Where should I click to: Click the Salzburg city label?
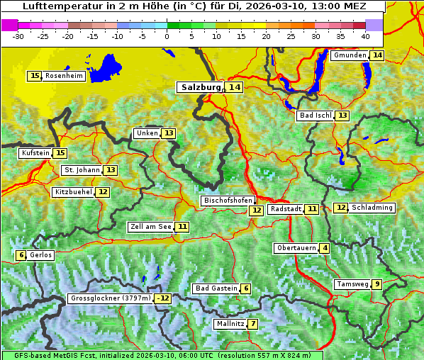[201, 87]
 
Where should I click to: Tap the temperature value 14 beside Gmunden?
[377, 55]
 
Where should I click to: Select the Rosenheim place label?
[64, 76]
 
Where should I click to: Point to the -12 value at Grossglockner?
[163, 298]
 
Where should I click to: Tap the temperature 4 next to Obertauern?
[324, 248]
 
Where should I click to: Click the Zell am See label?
[150, 227]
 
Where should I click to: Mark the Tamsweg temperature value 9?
[377, 284]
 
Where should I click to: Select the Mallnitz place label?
[230, 324]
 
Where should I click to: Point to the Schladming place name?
[372, 208]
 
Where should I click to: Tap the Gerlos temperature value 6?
[21, 255]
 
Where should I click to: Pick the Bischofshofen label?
[228, 201]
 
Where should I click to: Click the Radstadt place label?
[286, 209]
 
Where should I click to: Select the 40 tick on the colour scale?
[365, 35]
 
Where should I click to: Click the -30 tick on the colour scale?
[18, 35]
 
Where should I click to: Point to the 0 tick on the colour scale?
[167, 35]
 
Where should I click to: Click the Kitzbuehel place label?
[73, 192]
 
